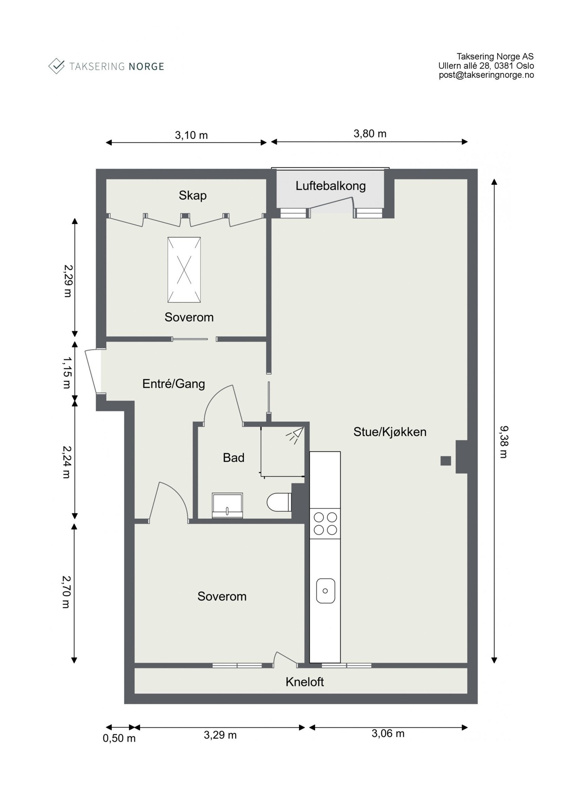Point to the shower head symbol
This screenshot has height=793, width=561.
tap(295, 434)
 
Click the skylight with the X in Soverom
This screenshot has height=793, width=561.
tap(184, 269)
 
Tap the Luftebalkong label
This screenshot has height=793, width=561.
tap(331, 186)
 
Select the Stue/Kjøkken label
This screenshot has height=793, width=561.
tap(390, 432)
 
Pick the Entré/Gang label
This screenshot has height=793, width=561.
tap(174, 384)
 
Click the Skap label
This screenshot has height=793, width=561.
tap(192, 195)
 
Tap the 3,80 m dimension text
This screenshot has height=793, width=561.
tap(370, 134)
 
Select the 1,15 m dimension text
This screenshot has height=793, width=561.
tap(66, 372)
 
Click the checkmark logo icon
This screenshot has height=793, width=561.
tap(56, 66)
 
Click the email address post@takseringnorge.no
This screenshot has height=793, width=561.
tap(486, 75)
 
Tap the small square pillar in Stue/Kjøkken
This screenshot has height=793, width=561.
tap(446, 460)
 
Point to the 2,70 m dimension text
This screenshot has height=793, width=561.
tap(66, 592)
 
